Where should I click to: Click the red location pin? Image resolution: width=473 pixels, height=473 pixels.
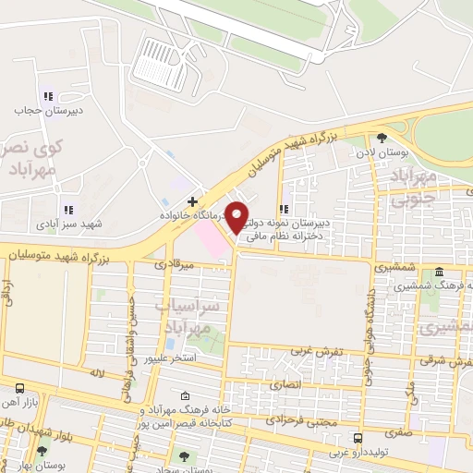coord(237,216)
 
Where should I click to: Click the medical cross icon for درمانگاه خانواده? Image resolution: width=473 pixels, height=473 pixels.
coord(192,200)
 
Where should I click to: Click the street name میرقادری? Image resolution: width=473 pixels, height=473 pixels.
coord(175,264)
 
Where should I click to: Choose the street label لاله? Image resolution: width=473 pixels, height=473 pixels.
coord(96,372)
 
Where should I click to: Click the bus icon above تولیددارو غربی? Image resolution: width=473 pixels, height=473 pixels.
coord(358,438)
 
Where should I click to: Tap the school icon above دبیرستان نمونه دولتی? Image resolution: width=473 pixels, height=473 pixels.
coord(284,209)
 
